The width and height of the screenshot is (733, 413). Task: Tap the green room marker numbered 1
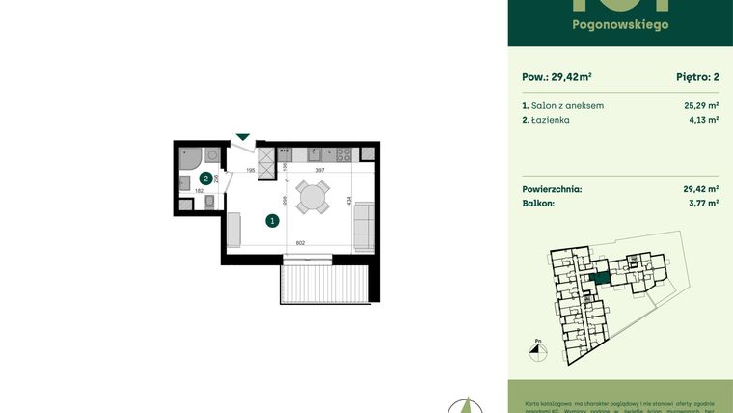point(272,221)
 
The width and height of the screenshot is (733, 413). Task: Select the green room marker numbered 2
point(205,179)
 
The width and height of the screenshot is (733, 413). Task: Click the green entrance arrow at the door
point(243,138)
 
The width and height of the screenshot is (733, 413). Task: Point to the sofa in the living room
point(366,224)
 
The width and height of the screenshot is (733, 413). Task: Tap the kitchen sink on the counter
point(313,154)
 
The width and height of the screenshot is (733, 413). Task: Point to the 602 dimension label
point(300,244)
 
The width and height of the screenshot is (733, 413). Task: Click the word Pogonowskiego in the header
point(620,24)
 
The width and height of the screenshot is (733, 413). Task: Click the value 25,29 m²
point(700,105)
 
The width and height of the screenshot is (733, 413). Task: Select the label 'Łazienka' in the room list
point(550,120)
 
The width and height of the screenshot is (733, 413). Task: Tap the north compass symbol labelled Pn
point(538,351)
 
